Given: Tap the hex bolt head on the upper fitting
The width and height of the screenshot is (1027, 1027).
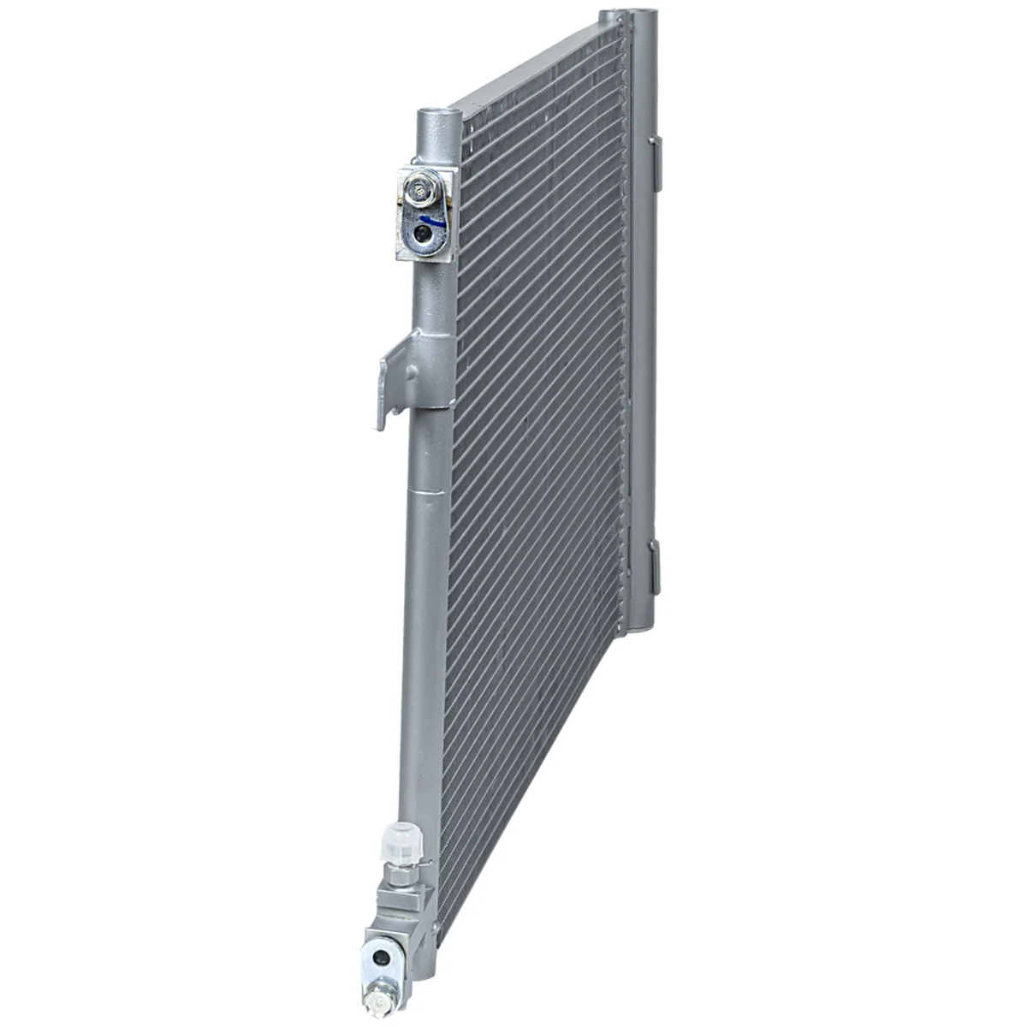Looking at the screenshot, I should [420, 189].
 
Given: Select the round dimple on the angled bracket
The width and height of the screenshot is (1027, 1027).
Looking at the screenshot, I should [413, 374].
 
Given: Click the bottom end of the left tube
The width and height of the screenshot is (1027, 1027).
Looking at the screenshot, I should [415, 984].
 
